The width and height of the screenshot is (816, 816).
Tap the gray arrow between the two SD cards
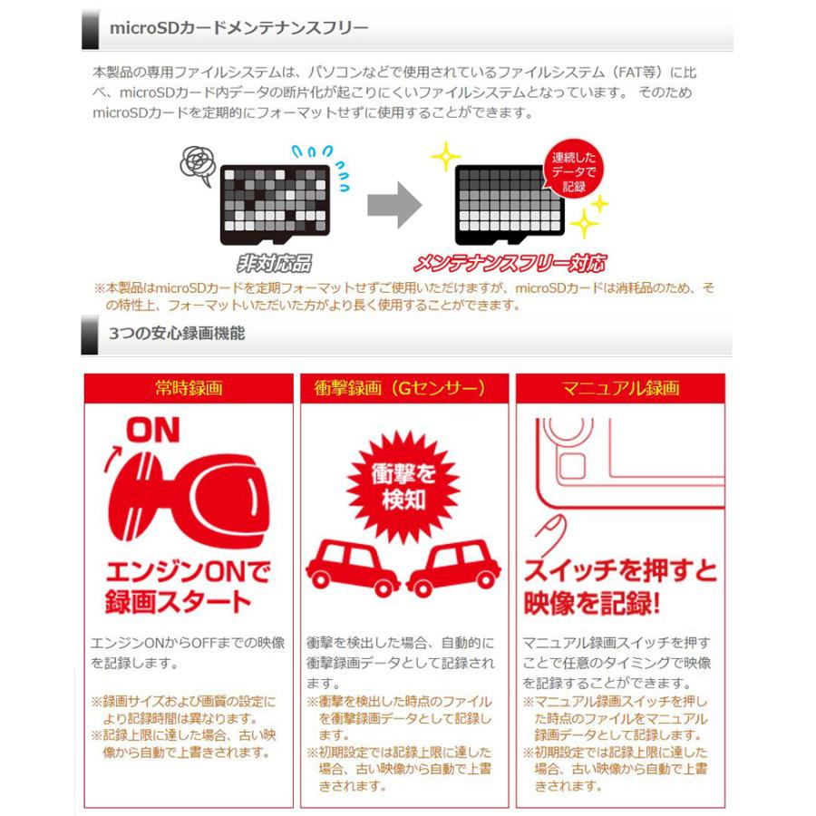point(393,208)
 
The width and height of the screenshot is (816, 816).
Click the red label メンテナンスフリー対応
point(509,264)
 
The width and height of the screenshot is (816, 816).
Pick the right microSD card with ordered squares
point(510,203)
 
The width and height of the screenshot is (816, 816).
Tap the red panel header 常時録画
point(188,388)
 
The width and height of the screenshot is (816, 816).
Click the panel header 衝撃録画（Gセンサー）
point(403,388)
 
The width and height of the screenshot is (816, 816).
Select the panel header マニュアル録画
point(620,388)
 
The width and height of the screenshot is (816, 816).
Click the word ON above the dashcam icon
point(151,430)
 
